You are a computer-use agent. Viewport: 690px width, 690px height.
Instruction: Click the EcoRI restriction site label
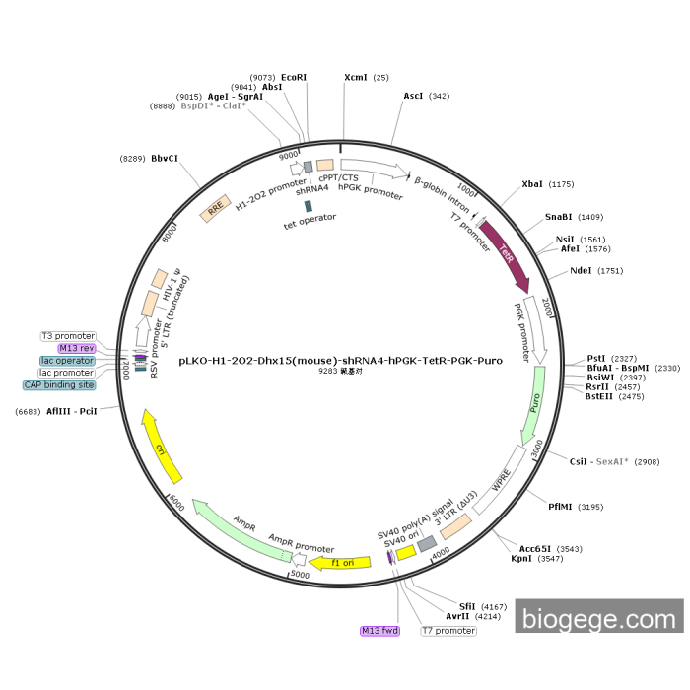click(x=294, y=76)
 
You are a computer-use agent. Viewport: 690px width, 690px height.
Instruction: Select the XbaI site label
click(x=533, y=184)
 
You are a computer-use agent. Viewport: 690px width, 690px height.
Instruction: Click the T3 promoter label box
click(x=68, y=336)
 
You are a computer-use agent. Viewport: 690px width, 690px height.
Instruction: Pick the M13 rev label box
click(x=76, y=348)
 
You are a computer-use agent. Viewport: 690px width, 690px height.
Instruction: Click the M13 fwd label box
click(x=379, y=630)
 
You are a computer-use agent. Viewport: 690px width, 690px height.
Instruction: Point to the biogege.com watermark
click(x=598, y=619)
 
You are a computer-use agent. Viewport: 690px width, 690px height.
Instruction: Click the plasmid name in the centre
click(x=340, y=360)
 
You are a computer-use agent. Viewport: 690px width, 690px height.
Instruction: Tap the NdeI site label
click(x=583, y=271)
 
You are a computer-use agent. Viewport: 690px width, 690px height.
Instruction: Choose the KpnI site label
click(x=521, y=558)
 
